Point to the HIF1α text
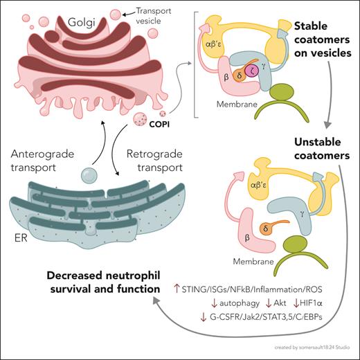tap(299, 302)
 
